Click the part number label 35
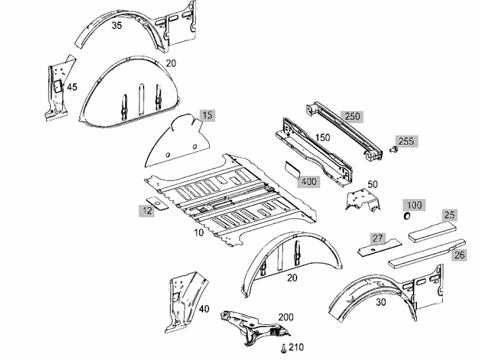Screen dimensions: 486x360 (116, 26)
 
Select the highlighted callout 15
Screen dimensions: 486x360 (207, 115)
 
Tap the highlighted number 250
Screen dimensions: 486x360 (353, 116)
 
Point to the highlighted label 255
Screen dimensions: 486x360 (406, 141)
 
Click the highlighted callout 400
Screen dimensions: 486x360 (309, 181)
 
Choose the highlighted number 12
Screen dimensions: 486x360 (147, 211)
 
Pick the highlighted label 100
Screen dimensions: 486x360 (414, 205)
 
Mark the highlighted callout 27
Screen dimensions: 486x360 (378, 238)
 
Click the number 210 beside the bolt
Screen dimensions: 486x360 (296, 347)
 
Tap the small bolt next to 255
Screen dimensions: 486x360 (393, 150)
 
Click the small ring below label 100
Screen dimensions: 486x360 (407, 216)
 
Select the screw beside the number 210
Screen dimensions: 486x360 (284, 349)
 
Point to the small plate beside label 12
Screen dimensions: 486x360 (157, 203)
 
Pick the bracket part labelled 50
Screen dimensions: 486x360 (363, 200)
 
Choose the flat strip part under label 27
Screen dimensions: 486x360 (380, 247)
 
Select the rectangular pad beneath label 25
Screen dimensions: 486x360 (433, 231)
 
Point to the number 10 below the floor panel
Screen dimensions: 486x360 (199, 232)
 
